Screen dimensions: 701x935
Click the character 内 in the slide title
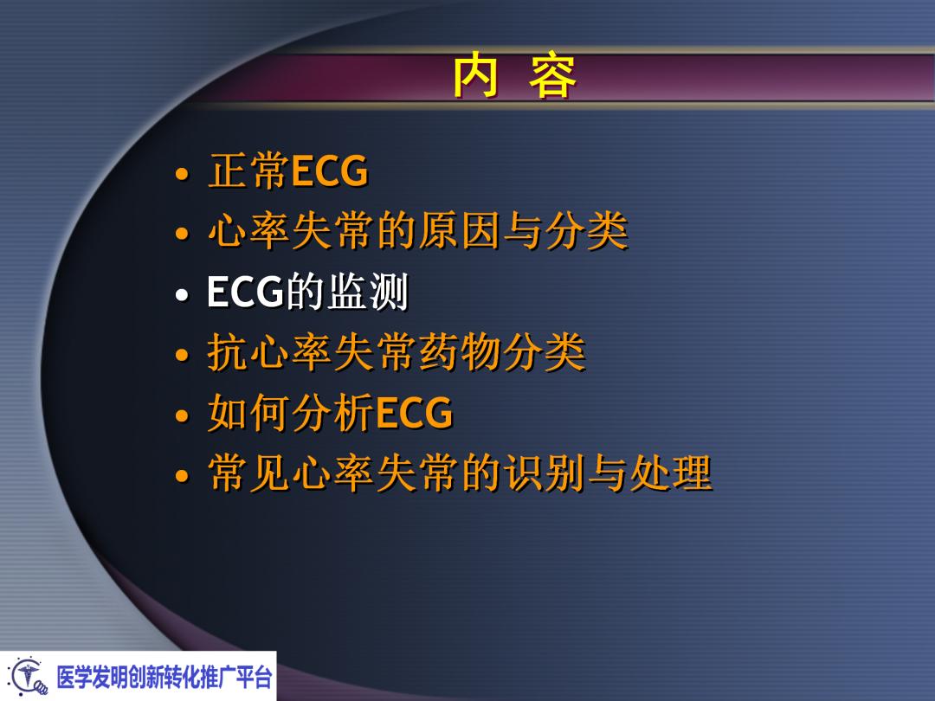475,78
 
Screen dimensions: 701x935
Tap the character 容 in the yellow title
552,78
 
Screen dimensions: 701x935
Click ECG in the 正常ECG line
330,172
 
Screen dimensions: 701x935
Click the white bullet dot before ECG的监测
181,295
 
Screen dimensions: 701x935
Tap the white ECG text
246,293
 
